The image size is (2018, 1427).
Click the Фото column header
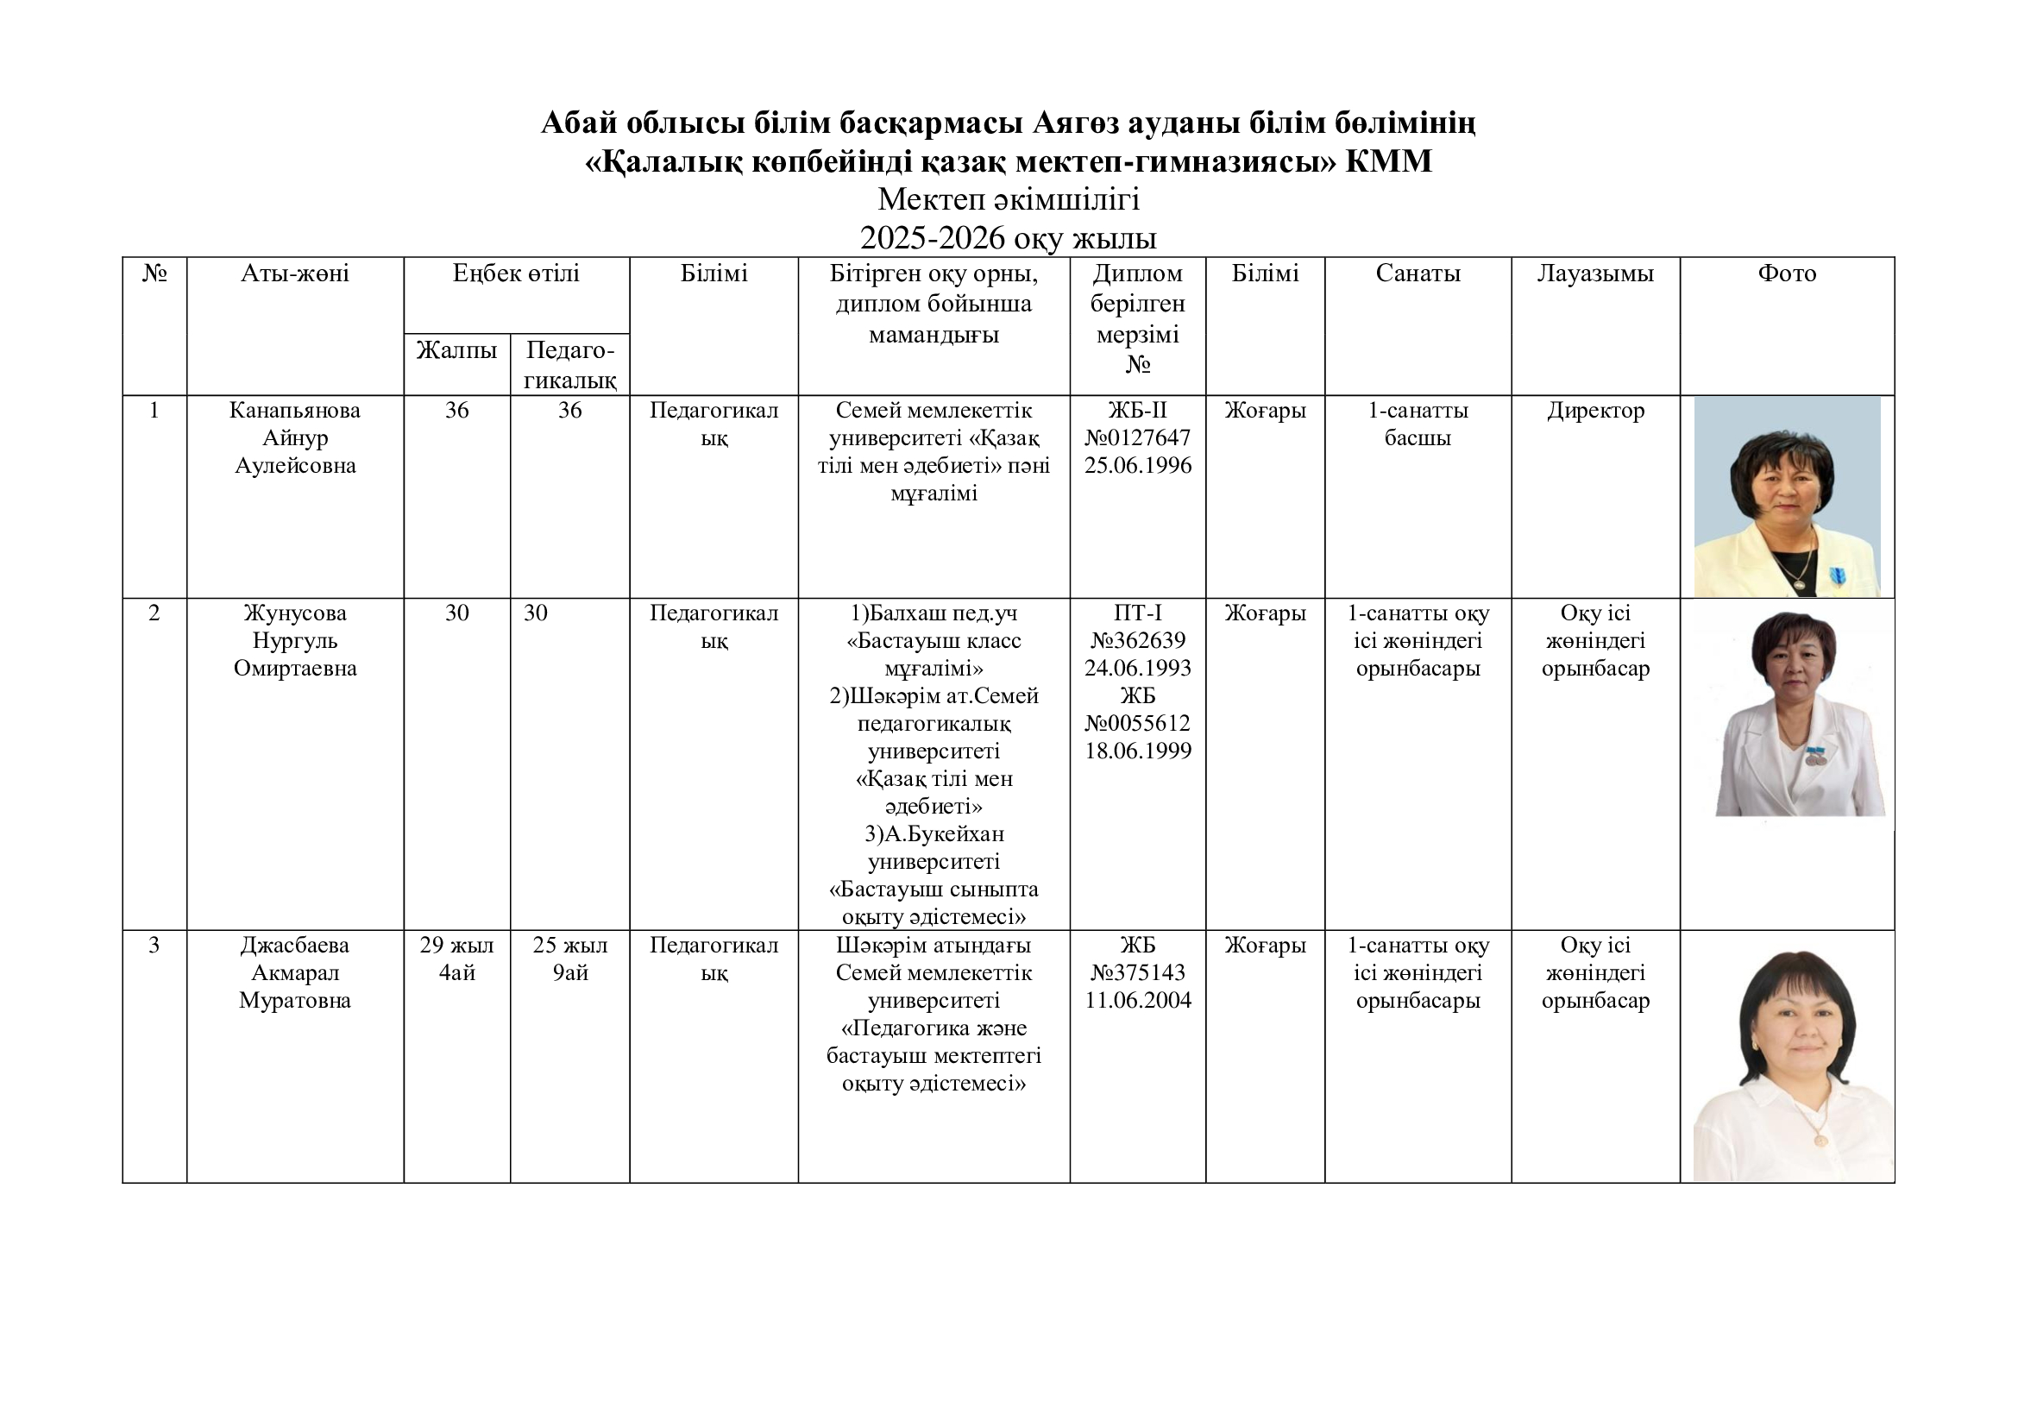(x=1786, y=274)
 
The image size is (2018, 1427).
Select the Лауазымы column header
(x=1594, y=274)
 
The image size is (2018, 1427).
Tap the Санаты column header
(x=1418, y=274)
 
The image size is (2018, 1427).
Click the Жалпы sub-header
(x=456, y=350)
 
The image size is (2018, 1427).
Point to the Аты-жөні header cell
(x=294, y=274)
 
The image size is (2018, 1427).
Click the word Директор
(x=1595, y=411)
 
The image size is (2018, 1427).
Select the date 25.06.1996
(x=1137, y=466)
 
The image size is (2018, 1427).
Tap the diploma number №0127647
(x=1137, y=437)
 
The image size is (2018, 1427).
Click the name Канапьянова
(x=294, y=411)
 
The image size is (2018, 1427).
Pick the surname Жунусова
(x=294, y=613)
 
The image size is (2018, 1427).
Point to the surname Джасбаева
(x=294, y=946)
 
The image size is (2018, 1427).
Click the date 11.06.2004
(x=1137, y=1001)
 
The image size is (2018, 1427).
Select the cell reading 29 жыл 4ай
(x=456, y=959)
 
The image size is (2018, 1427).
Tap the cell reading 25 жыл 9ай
(x=569, y=959)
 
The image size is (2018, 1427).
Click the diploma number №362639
(x=1137, y=640)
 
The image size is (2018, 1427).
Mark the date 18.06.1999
(x=1137, y=751)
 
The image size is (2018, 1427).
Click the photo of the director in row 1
(x=1786, y=497)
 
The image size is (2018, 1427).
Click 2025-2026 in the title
(x=931, y=238)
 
